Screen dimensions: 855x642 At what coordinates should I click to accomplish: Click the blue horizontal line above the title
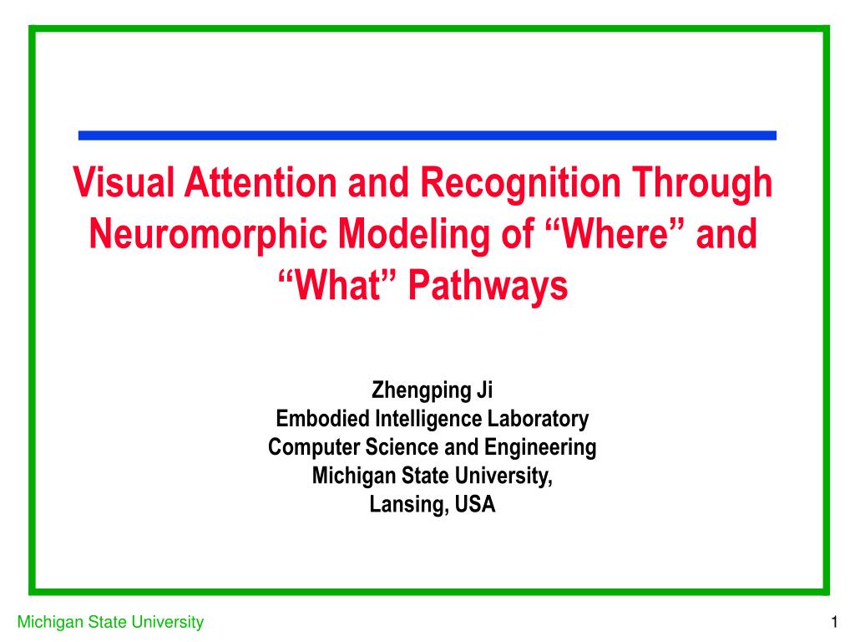coord(427,135)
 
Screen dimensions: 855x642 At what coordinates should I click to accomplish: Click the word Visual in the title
coord(124,182)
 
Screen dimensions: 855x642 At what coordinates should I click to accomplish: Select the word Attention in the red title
coord(261,182)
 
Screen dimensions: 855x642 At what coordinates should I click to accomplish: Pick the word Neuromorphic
coord(208,234)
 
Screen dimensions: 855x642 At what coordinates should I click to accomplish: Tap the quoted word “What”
coord(338,284)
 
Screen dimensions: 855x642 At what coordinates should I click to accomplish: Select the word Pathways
coord(488,285)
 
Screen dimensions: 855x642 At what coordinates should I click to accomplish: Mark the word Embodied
coord(323,419)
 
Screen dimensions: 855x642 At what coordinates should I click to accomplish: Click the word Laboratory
coord(538,420)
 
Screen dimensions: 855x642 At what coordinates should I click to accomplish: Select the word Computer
coord(314,447)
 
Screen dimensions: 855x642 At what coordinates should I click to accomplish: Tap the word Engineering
coord(540,448)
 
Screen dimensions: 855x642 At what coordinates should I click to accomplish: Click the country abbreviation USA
coord(475,504)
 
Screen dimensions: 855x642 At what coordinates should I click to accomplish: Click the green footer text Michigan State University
coord(110,622)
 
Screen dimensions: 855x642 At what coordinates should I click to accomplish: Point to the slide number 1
coord(834,622)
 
